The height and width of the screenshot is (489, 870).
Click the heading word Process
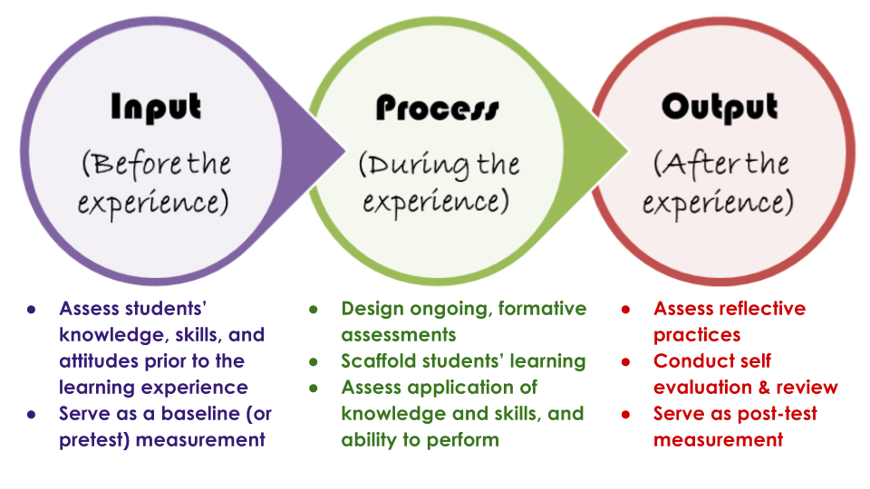click(437, 109)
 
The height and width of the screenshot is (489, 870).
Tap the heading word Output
click(720, 107)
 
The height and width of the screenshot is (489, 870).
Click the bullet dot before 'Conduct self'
click(626, 361)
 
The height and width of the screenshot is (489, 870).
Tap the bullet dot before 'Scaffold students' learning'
click(314, 361)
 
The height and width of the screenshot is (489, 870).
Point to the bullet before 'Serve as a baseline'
click(32, 414)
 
